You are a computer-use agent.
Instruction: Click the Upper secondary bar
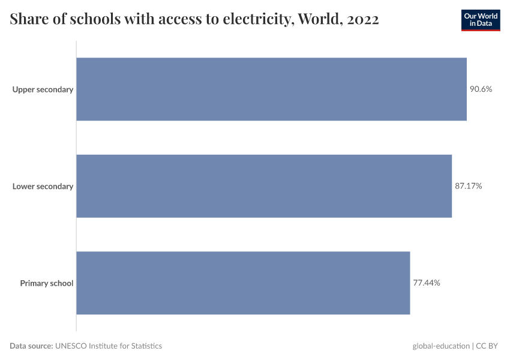coord(271,89)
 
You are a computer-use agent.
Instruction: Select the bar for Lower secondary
coord(264,186)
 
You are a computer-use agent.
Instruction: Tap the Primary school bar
coord(243,283)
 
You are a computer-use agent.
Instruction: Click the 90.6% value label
coord(481,89)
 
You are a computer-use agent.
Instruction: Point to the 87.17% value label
coord(468,186)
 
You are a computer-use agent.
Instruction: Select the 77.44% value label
coord(427,283)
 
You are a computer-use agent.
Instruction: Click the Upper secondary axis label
coord(43,89)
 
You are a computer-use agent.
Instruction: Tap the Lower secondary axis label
coord(43,186)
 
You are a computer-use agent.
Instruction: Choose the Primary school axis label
coord(46,283)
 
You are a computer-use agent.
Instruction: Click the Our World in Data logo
coord(480,20)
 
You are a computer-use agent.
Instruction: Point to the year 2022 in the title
coord(362,20)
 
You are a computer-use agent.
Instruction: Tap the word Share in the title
coord(28,20)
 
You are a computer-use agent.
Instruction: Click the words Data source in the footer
coord(31,346)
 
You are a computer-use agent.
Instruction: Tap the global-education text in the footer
coord(441,346)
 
